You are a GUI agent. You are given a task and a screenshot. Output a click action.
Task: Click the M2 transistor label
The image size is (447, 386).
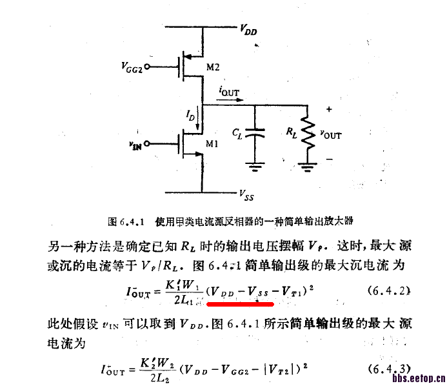(x=213, y=67)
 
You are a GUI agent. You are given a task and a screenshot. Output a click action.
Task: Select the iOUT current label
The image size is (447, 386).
(x=229, y=93)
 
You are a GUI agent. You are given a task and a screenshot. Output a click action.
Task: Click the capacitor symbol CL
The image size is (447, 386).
(x=257, y=134)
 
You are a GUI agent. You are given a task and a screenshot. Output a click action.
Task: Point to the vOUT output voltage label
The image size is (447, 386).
(x=331, y=134)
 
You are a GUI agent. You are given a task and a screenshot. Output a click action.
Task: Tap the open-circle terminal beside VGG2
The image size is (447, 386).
(x=148, y=66)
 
